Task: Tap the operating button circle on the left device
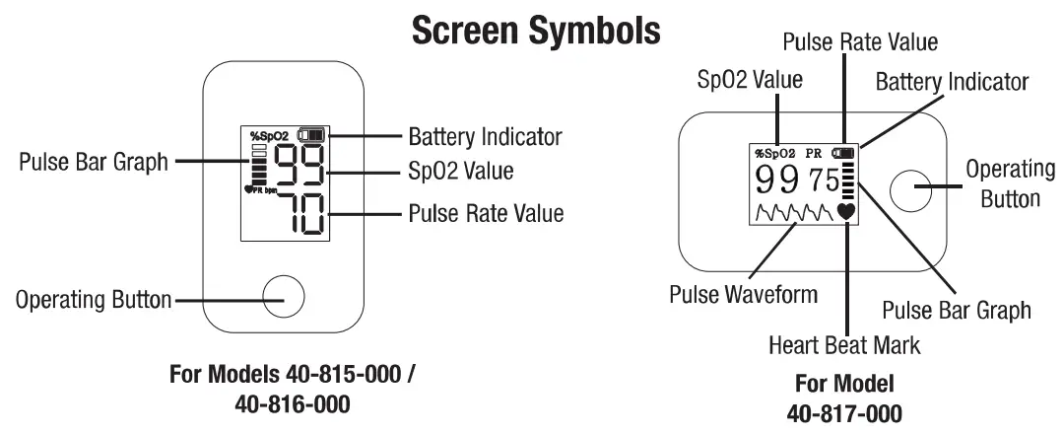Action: point(283,296)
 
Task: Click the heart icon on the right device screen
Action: point(846,209)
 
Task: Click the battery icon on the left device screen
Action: point(314,134)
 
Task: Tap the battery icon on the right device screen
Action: point(844,153)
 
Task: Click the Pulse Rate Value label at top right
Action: point(859,42)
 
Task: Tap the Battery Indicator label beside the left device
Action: point(485,135)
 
